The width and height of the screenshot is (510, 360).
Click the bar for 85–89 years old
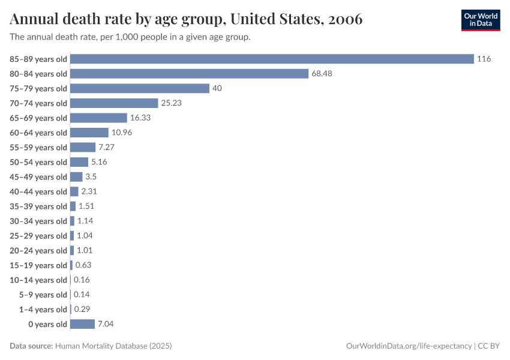[x=272, y=59]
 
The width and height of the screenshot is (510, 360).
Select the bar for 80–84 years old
[x=189, y=74]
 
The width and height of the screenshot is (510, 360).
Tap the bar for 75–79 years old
[x=140, y=88]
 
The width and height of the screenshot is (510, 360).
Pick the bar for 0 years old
[x=82, y=324]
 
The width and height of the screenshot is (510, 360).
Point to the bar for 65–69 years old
[x=98, y=118]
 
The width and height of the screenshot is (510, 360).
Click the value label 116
[x=484, y=59]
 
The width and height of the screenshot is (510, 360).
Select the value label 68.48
[x=322, y=74]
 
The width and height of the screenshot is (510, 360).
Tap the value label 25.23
[x=171, y=103]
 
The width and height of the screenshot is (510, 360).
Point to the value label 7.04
[x=106, y=324]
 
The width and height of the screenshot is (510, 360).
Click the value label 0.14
[x=82, y=295]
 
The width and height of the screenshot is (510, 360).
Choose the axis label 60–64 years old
[x=38, y=133]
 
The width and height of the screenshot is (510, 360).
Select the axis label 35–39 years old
[x=38, y=206]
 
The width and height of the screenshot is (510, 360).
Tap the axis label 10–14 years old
[x=38, y=280]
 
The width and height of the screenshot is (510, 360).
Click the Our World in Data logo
[x=481, y=20]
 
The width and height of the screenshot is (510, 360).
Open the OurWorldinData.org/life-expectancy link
[x=409, y=346]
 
